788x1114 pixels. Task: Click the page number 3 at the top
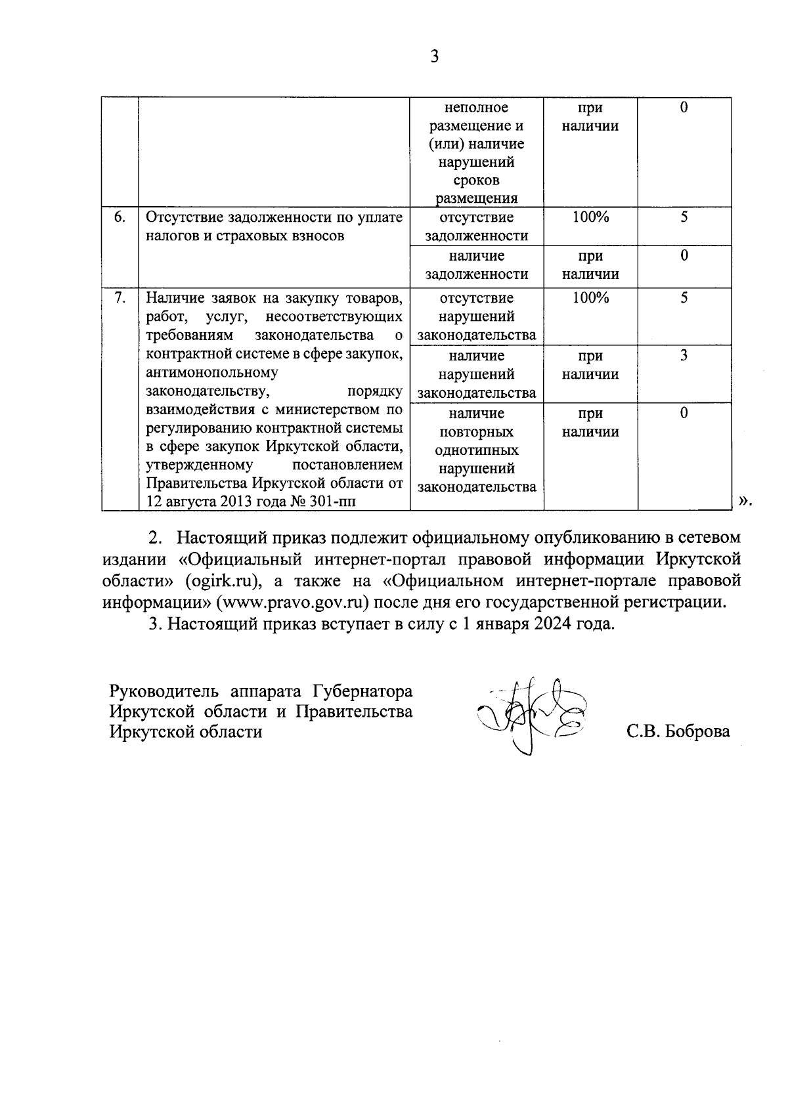click(x=434, y=56)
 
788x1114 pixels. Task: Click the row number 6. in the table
click(x=120, y=217)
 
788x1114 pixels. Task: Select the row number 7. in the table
click(x=120, y=298)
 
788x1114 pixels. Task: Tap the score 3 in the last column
click(x=684, y=356)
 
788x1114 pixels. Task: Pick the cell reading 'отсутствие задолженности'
click(x=476, y=226)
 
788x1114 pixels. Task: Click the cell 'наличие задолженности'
click(x=476, y=265)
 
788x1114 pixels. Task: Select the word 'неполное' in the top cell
click(x=476, y=108)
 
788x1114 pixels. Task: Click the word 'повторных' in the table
click(x=476, y=432)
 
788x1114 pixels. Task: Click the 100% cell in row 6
click(x=590, y=217)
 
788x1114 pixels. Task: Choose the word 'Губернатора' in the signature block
click(x=362, y=692)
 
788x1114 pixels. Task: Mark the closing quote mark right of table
click(x=743, y=502)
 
